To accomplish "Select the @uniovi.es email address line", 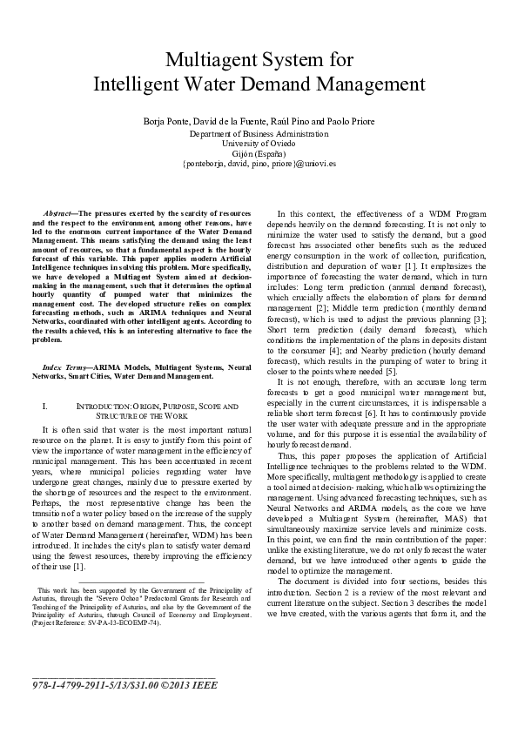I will click(x=259, y=163).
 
